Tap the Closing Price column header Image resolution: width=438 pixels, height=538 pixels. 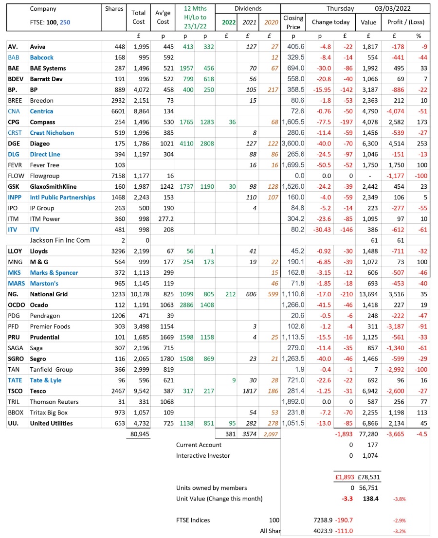pos(293,22)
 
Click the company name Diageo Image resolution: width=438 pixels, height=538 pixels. pos(40,143)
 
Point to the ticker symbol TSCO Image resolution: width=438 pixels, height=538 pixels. pos(16,369)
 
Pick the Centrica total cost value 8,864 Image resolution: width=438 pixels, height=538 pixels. pos(139,111)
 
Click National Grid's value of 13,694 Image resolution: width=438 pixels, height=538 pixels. pos(368,294)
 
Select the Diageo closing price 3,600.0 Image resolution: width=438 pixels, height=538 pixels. pos(293,143)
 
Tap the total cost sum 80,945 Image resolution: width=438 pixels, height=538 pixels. pos(139,434)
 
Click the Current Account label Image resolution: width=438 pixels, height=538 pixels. pos(199,445)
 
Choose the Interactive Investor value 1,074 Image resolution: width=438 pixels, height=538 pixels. pos(370,455)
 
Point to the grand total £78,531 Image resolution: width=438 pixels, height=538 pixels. pos(368,477)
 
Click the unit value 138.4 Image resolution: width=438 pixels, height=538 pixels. pos(370,499)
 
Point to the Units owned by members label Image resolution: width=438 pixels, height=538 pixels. pos(211,488)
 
